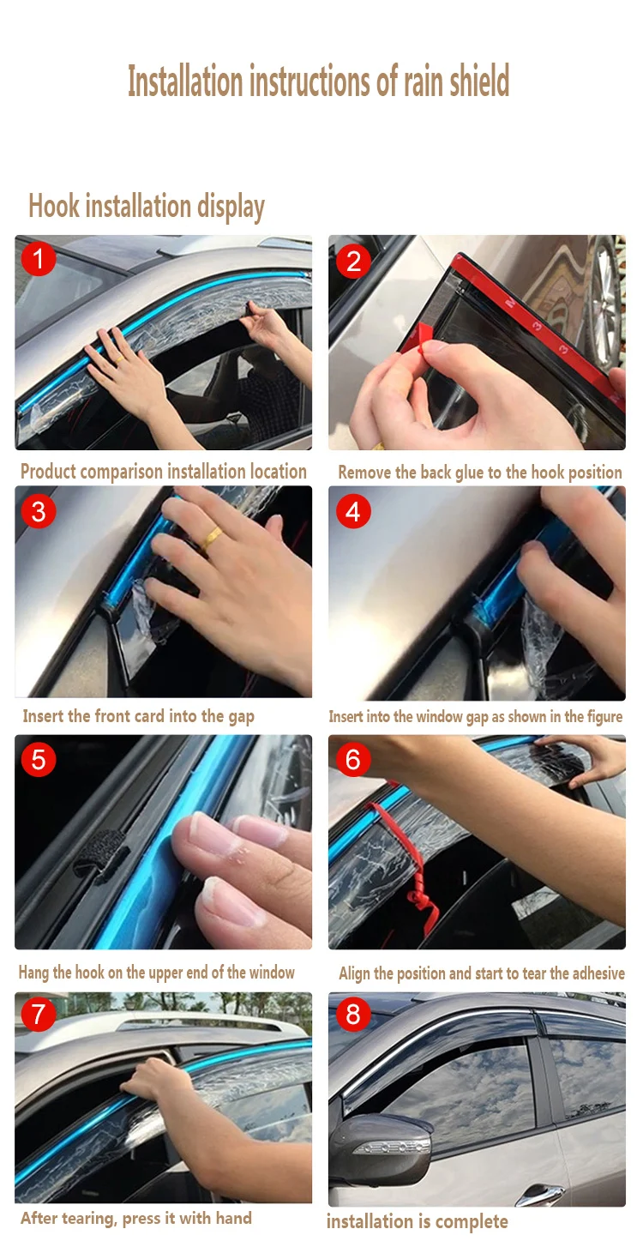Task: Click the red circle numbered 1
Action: [x=39, y=259]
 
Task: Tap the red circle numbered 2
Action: [x=353, y=261]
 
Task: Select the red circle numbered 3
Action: [x=39, y=511]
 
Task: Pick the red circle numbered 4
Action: [x=353, y=511]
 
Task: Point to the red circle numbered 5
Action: [x=39, y=759]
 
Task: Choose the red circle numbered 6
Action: [x=353, y=759]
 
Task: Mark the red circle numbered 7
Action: [x=39, y=1014]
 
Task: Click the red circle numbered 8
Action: [x=353, y=1014]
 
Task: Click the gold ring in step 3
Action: [x=212, y=538]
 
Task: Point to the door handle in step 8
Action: [x=540, y=1192]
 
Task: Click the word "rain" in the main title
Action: [x=424, y=81]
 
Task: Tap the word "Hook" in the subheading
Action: [x=54, y=206]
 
